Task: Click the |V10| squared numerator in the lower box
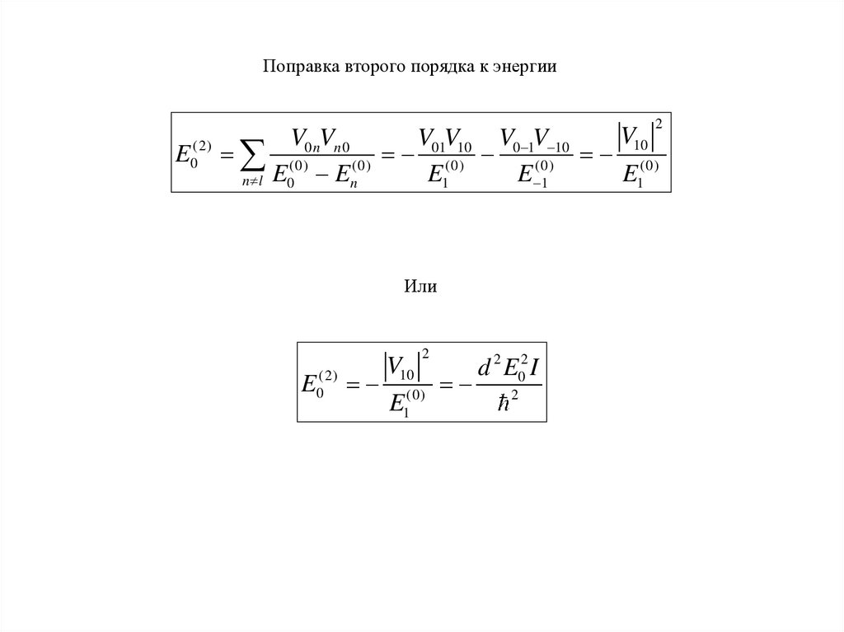click(x=404, y=364)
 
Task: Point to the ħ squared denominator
click(x=506, y=402)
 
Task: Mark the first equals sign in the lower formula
click(x=354, y=384)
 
